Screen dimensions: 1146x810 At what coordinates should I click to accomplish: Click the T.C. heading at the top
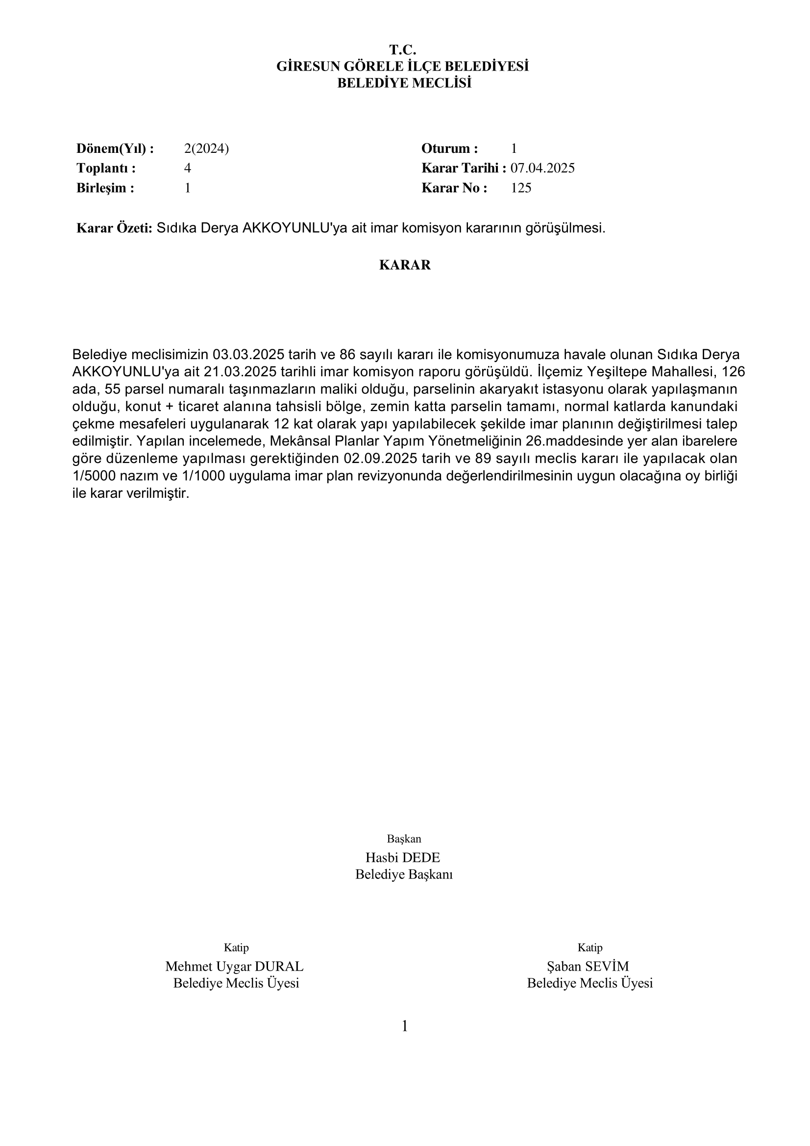pos(402,50)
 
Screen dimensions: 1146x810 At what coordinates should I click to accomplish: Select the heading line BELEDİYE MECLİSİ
pos(404,83)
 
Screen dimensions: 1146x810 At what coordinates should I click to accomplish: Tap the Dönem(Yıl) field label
pos(115,148)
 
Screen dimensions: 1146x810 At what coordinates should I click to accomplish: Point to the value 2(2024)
pos(206,148)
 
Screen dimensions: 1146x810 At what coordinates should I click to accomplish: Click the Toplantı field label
pos(106,168)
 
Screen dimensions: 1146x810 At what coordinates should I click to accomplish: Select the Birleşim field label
pos(105,188)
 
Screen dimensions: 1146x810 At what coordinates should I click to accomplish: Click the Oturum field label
pos(450,148)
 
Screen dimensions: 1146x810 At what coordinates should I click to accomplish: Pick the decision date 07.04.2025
pos(542,168)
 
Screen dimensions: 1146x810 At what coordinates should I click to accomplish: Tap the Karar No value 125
pos(521,188)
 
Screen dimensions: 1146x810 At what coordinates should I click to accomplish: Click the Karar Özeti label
pos(114,228)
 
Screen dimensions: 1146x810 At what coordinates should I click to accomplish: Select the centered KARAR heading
pos(405,265)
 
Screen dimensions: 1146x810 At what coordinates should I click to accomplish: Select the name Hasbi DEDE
pos(403,857)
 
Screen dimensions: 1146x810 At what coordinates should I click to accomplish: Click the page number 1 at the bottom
pos(405,1026)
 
